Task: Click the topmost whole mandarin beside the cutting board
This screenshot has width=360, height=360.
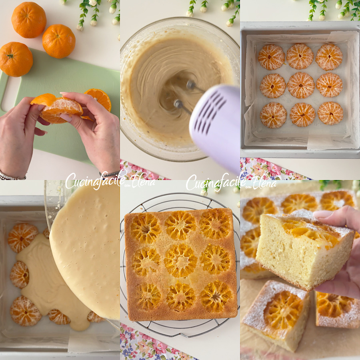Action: pos(29,20)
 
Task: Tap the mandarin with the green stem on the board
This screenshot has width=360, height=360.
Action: pos(16,59)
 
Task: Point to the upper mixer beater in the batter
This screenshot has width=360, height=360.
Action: pos(192,85)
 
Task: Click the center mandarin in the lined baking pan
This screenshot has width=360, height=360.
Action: pos(301,85)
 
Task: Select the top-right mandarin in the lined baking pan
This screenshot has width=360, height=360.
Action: pos(329,57)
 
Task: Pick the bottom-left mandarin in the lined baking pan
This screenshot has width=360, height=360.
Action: pos(273,115)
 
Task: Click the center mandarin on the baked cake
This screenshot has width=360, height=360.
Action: pos(180,260)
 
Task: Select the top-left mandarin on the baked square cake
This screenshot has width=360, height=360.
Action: pos(146,228)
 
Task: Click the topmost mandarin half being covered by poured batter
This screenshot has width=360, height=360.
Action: pos(23,238)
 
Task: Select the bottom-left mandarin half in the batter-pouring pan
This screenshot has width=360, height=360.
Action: pos(25,311)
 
